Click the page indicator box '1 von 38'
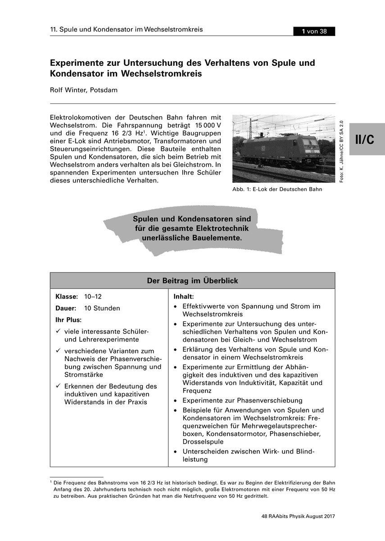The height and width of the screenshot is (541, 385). coord(314,31)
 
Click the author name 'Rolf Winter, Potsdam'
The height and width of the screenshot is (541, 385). coord(84,90)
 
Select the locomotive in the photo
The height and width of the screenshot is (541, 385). coord(280,148)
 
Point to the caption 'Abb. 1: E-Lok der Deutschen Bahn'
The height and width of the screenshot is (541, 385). coord(277,189)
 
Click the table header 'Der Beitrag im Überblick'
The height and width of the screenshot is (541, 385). coord(192,281)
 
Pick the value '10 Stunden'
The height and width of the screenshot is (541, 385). coord(102,308)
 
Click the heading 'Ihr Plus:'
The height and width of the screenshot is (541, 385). coord(68,320)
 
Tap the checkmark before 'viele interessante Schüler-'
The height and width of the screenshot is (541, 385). coord(58,331)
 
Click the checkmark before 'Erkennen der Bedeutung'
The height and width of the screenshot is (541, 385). coord(58,386)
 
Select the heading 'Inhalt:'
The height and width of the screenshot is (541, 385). coord(184,297)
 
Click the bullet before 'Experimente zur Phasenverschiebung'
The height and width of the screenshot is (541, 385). coord(176,400)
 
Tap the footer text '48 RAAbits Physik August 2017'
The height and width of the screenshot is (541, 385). coord(298,516)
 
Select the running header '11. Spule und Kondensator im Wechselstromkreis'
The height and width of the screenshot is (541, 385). coord(127,30)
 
